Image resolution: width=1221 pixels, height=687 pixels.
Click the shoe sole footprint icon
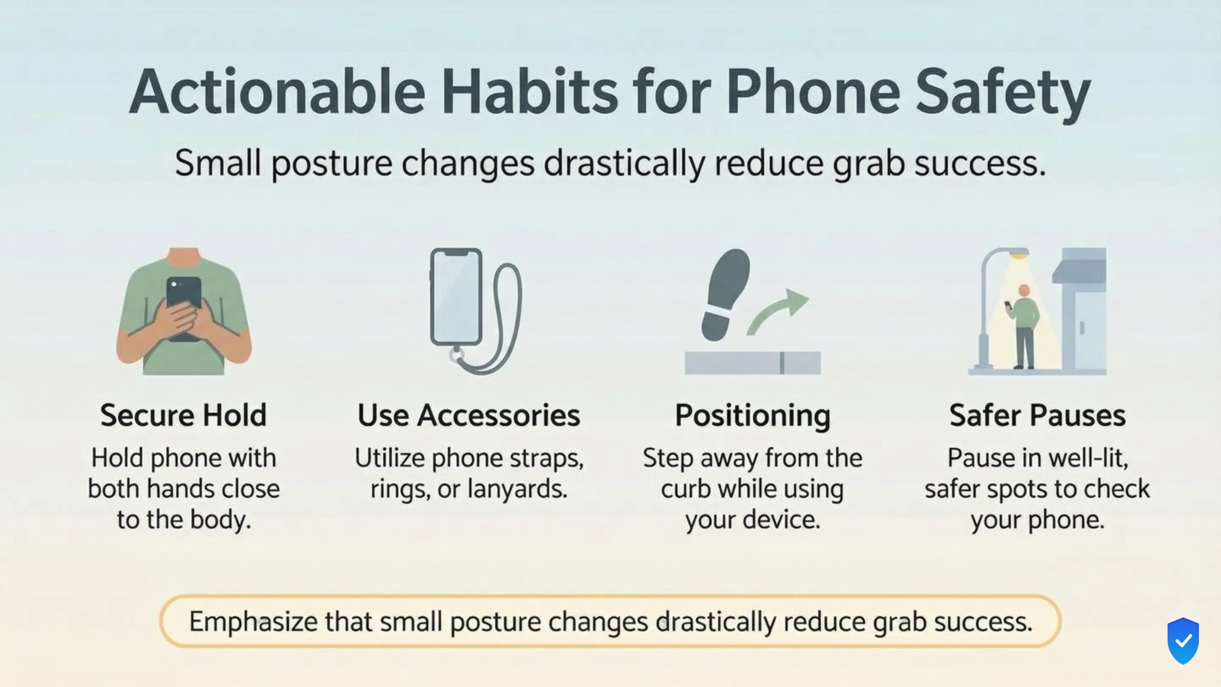[725, 294]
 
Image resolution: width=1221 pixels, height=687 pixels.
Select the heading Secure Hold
[184, 415]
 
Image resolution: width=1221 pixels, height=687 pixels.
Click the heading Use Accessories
[469, 415]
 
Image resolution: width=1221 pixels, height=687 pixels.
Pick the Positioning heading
[753, 415]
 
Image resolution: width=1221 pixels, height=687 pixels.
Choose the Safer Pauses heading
[1037, 415]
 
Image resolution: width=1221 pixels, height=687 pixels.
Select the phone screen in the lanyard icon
[456, 296]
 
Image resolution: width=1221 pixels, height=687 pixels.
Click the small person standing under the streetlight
[1024, 327]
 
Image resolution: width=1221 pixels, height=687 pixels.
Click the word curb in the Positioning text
[686, 489]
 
